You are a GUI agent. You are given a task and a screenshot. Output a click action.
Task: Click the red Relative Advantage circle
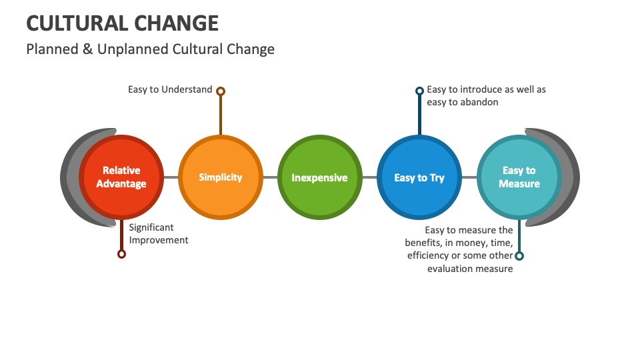[121, 177]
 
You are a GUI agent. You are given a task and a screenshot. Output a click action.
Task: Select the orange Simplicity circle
[220, 177]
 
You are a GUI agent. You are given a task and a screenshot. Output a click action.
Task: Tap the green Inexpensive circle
[319, 177]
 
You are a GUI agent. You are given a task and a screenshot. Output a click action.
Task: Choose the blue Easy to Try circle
[419, 177]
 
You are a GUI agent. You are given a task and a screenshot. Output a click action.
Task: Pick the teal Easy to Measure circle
[519, 177]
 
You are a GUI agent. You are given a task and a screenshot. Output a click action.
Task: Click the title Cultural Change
[123, 23]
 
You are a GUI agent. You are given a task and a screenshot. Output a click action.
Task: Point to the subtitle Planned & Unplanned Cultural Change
[150, 49]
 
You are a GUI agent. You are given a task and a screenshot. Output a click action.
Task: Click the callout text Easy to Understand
[170, 89]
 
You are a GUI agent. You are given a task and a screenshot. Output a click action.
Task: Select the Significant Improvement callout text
[159, 234]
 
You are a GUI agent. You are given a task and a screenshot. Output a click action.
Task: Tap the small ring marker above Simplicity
[221, 91]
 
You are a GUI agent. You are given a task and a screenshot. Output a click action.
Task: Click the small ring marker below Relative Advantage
[121, 254]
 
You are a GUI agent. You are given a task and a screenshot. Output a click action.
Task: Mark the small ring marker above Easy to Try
[419, 91]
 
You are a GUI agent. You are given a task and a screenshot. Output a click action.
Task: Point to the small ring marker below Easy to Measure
[519, 256]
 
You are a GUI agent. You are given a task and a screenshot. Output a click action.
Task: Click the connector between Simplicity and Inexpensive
[270, 177]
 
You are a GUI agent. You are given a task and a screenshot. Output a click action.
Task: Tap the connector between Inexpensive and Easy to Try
[369, 177]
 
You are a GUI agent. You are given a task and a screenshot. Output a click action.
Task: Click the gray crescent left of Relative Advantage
[69, 177]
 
